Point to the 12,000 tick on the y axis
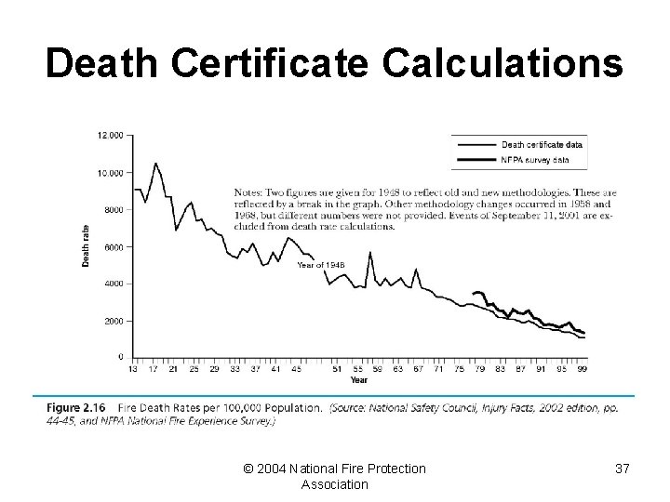click(110, 136)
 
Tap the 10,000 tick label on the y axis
click(110, 173)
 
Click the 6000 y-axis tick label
click(113, 246)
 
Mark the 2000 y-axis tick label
click(113, 321)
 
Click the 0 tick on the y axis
click(120, 357)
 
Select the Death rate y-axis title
click(87, 246)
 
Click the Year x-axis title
click(358, 379)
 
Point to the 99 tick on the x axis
click(583, 369)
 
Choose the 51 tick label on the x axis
click(337, 369)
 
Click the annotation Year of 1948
click(321, 265)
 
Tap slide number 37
click(622, 469)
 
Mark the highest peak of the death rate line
click(155, 164)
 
